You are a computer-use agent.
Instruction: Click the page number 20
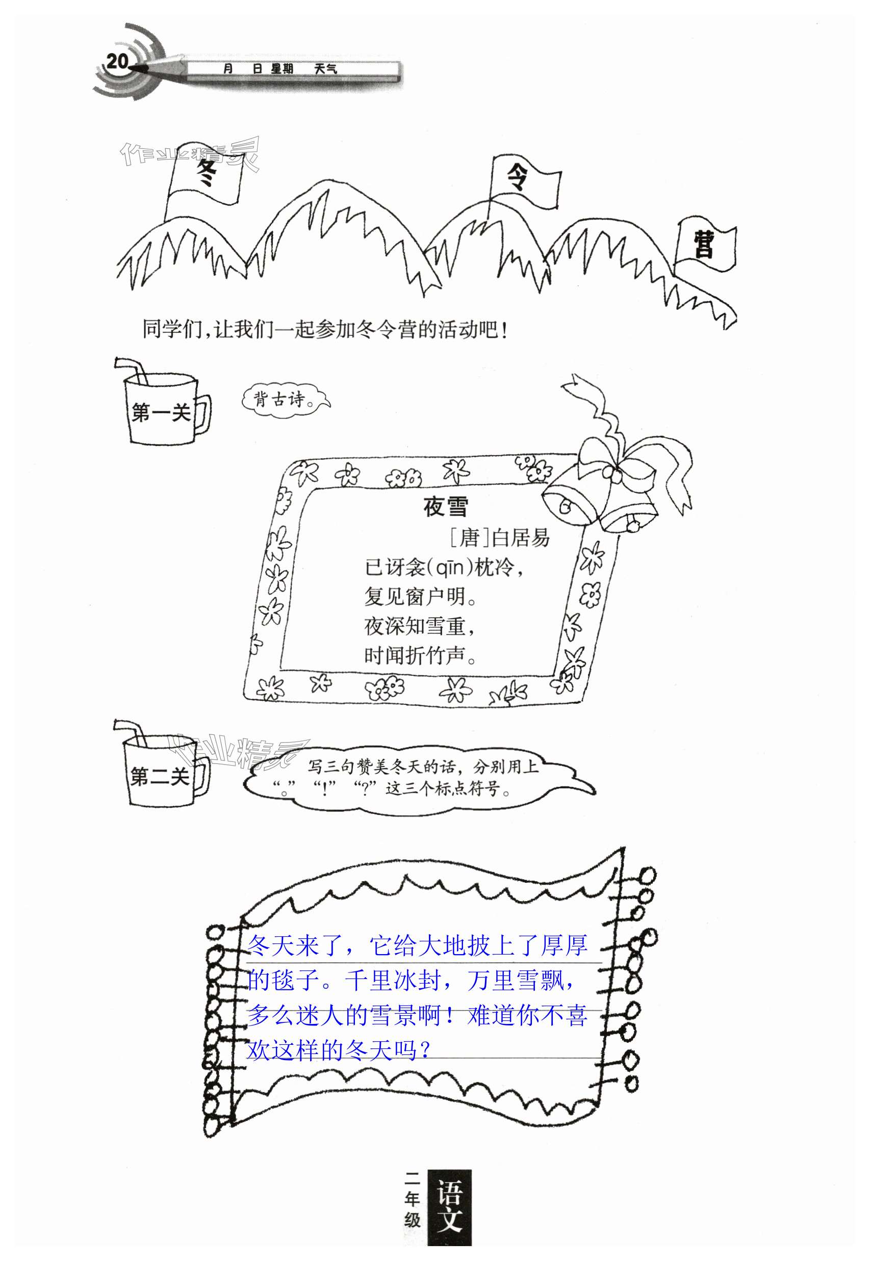click(117, 61)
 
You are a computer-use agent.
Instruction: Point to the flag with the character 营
click(705, 245)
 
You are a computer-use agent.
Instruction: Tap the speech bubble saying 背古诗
click(285, 399)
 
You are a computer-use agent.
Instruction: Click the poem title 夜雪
click(445, 507)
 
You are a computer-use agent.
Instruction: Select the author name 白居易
click(521, 538)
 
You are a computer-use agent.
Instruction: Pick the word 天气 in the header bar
click(326, 69)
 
